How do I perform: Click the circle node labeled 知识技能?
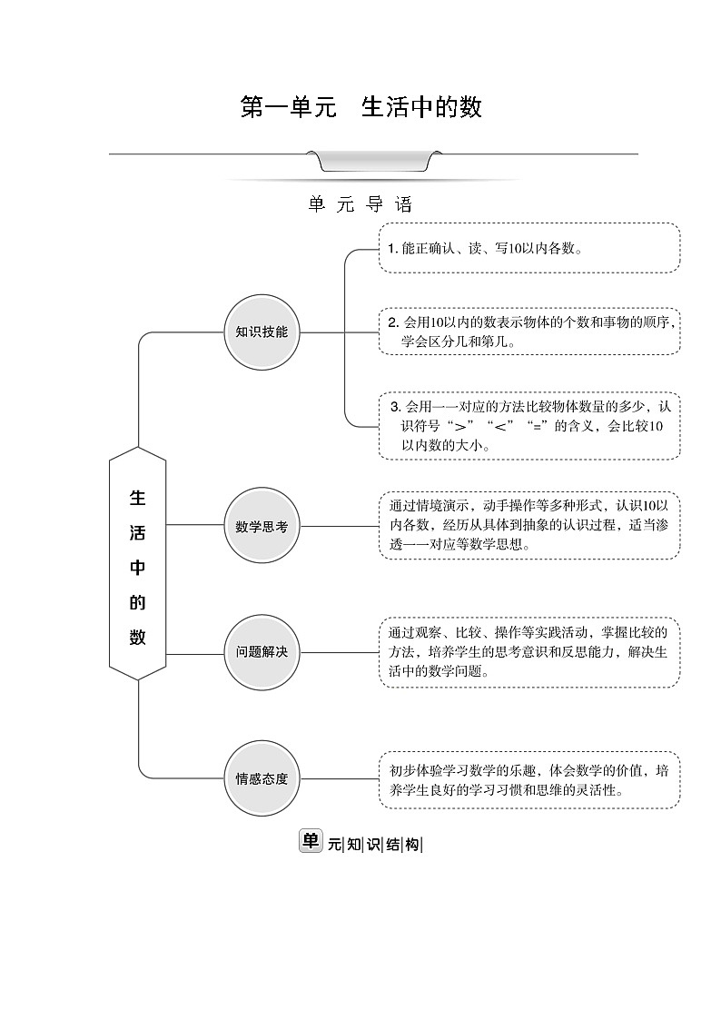coord(262,332)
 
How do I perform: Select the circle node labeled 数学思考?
coord(262,525)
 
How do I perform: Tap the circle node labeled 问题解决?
coord(262,652)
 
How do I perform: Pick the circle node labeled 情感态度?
coord(262,778)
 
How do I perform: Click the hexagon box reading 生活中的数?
coord(138,563)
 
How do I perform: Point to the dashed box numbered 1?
coord(528,248)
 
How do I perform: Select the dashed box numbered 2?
coord(528,332)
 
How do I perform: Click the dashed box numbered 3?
coord(528,426)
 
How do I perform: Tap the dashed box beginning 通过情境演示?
coord(528,526)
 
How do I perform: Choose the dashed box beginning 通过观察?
coord(528,653)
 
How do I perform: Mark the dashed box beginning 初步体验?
coord(528,779)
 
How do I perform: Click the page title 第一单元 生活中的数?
coord(360,108)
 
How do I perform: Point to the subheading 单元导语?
coord(360,205)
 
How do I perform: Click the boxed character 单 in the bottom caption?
coord(311,841)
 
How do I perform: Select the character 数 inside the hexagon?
coord(138,638)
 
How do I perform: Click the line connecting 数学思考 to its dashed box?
coord(339,525)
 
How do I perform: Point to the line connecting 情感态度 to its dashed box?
coord(339,778)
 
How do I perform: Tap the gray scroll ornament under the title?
coord(374,162)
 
